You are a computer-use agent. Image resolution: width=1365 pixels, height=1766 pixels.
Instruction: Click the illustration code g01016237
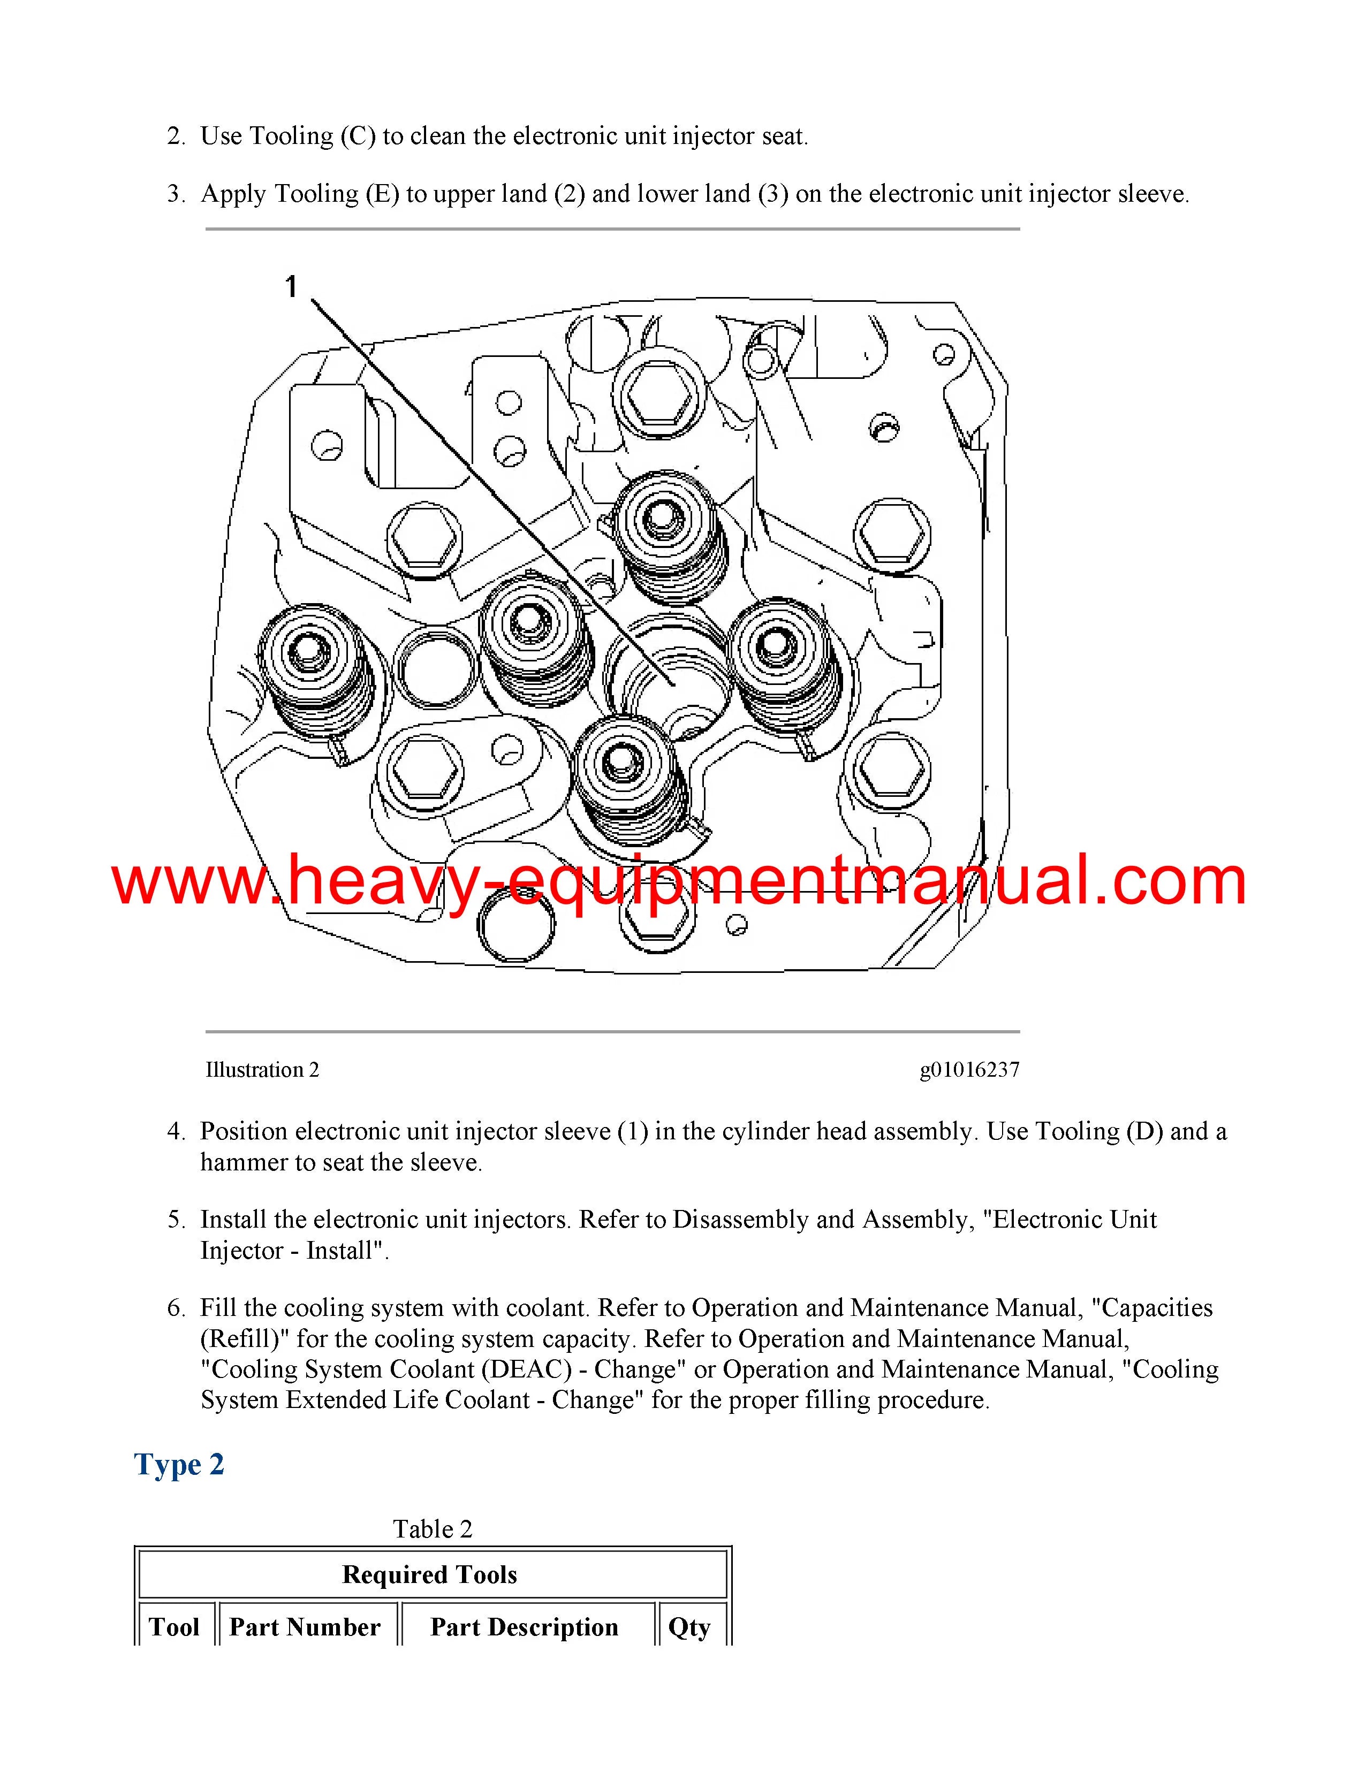coord(969,1070)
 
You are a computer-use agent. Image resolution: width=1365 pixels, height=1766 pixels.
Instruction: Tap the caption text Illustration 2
coord(262,1070)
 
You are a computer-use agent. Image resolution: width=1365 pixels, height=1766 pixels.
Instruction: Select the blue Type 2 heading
coord(179,1464)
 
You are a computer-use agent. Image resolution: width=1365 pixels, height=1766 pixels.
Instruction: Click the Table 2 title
coord(433,1529)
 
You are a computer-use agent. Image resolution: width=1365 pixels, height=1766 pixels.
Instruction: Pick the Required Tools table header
coord(429,1574)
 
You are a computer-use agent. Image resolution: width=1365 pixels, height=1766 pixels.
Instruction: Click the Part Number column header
coord(305,1627)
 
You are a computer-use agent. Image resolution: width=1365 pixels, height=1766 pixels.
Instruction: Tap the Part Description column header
coord(524,1627)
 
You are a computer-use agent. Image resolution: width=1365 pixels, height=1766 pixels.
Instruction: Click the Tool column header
coord(174,1627)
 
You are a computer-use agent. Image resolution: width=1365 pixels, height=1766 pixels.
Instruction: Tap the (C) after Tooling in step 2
coord(358,136)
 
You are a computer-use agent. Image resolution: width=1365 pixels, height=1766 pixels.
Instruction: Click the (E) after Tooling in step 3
coord(382,194)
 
